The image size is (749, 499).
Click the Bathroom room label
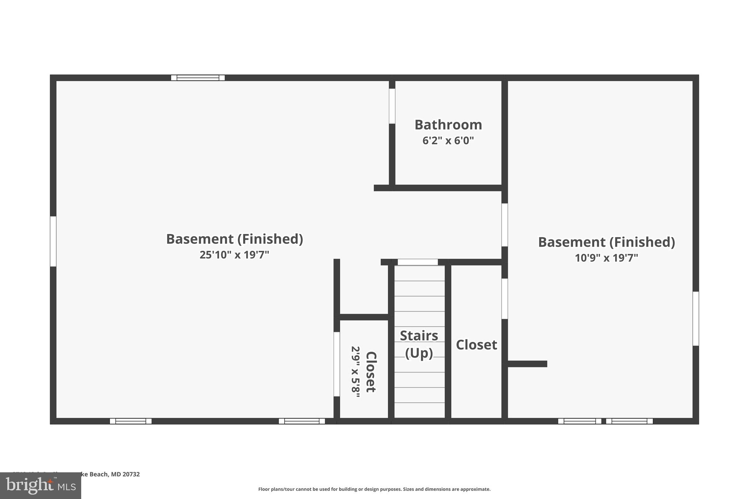[x=448, y=125]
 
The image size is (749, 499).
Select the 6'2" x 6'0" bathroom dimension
[x=448, y=141]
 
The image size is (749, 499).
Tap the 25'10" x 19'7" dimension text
[x=234, y=255]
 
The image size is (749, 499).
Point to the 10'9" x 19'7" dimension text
[x=606, y=258]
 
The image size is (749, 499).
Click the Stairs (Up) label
[x=419, y=344]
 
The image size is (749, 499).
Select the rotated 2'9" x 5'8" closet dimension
[x=355, y=372]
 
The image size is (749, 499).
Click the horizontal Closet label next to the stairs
[x=476, y=345]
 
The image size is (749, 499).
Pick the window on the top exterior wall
[x=198, y=78]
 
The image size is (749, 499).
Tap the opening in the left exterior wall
[x=53, y=241]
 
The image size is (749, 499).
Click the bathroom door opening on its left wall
[x=392, y=106]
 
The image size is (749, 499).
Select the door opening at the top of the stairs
[x=417, y=262]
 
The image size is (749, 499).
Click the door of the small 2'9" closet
[x=337, y=364]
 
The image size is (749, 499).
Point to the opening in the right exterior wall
[x=695, y=318]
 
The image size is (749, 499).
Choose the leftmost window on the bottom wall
[x=131, y=421]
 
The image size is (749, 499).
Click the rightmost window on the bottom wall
[x=629, y=421]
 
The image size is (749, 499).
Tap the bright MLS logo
[x=40, y=486]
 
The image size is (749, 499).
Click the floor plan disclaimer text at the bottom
[x=374, y=489]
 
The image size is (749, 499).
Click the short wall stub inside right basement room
[x=527, y=364]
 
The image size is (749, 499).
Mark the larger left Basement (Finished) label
[x=234, y=239]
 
